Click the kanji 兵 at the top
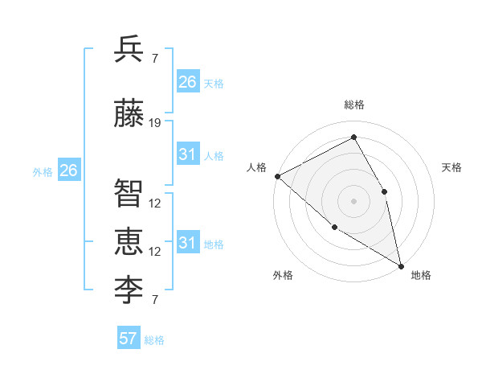(x=129, y=49)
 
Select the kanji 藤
(x=129, y=113)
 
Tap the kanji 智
(x=129, y=193)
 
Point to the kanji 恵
(x=129, y=240)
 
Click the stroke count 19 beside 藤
(x=155, y=123)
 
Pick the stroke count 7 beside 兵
(x=154, y=58)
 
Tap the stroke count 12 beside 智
(x=155, y=203)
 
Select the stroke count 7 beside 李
(x=154, y=300)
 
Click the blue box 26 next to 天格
(x=188, y=82)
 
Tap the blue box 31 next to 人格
(x=188, y=154)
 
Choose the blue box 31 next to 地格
(x=188, y=243)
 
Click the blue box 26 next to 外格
(x=69, y=171)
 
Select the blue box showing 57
(x=128, y=339)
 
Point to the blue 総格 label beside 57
(x=154, y=340)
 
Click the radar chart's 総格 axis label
(x=353, y=105)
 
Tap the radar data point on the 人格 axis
(x=277, y=176)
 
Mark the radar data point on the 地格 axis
(x=401, y=265)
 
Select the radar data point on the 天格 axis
(x=385, y=191)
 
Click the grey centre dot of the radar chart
(x=353, y=201)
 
